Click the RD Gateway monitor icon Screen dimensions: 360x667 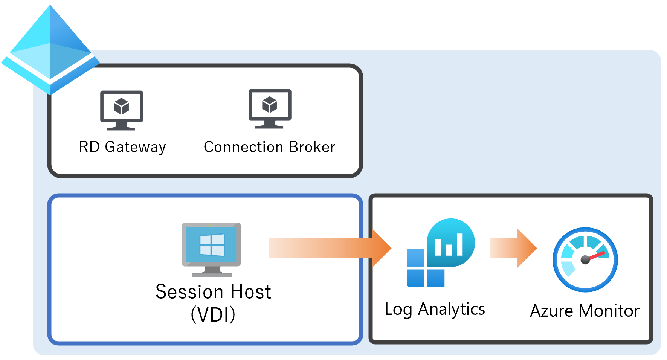point(122,110)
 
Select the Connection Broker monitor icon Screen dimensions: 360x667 point(270,108)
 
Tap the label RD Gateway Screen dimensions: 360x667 point(122,147)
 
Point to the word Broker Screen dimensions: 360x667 point(312,147)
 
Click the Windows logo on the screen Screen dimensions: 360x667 point(212,245)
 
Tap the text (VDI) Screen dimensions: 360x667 point(213,314)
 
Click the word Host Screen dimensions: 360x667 point(250,292)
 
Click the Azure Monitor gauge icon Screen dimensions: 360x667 point(585,259)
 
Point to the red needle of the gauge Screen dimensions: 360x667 point(597,256)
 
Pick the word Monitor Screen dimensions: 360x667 point(609,311)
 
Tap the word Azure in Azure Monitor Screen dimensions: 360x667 point(551,311)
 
